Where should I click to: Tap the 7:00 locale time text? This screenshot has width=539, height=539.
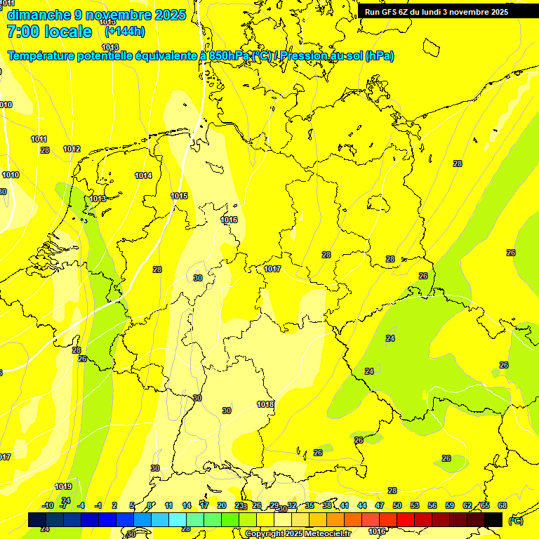pyautogui.click(x=49, y=32)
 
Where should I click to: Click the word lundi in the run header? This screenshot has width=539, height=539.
pyautogui.click(x=431, y=12)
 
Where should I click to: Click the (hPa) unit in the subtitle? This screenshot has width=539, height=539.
pyautogui.click(x=380, y=55)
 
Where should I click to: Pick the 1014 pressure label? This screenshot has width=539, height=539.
pyautogui.click(x=143, y=175)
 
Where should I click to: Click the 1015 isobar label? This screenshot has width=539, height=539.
pyautogui.click(x=179, y=196)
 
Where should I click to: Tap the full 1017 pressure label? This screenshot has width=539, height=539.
pyautogui.click(x=272, y=269)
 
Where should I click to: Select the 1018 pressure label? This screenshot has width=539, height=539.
pyautogui.click(x=265, y=404)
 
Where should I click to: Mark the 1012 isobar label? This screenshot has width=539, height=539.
pyautogui.click(x=72, y=149)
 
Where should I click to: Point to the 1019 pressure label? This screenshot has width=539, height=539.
pyautogui.click(x=63, y=486)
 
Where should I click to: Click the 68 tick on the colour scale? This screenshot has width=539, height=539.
pyautogui.click(x=503, y=505)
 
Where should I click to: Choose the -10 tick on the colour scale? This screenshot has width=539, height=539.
pyautogui.click(x=48, y=505)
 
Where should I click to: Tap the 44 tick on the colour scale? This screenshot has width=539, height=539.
pyautogui.click(x=362, y=505)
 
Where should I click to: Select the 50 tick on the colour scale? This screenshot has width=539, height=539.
pyautogui.click(x=397, y=505)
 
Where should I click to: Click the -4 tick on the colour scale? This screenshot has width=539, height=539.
pyautogui.click(x=81, y=505)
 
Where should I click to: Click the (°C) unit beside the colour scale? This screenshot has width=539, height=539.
pyautogui.click(x=515, y=521)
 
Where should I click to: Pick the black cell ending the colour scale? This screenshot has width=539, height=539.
pyautogui.click(x=493, y=519)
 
